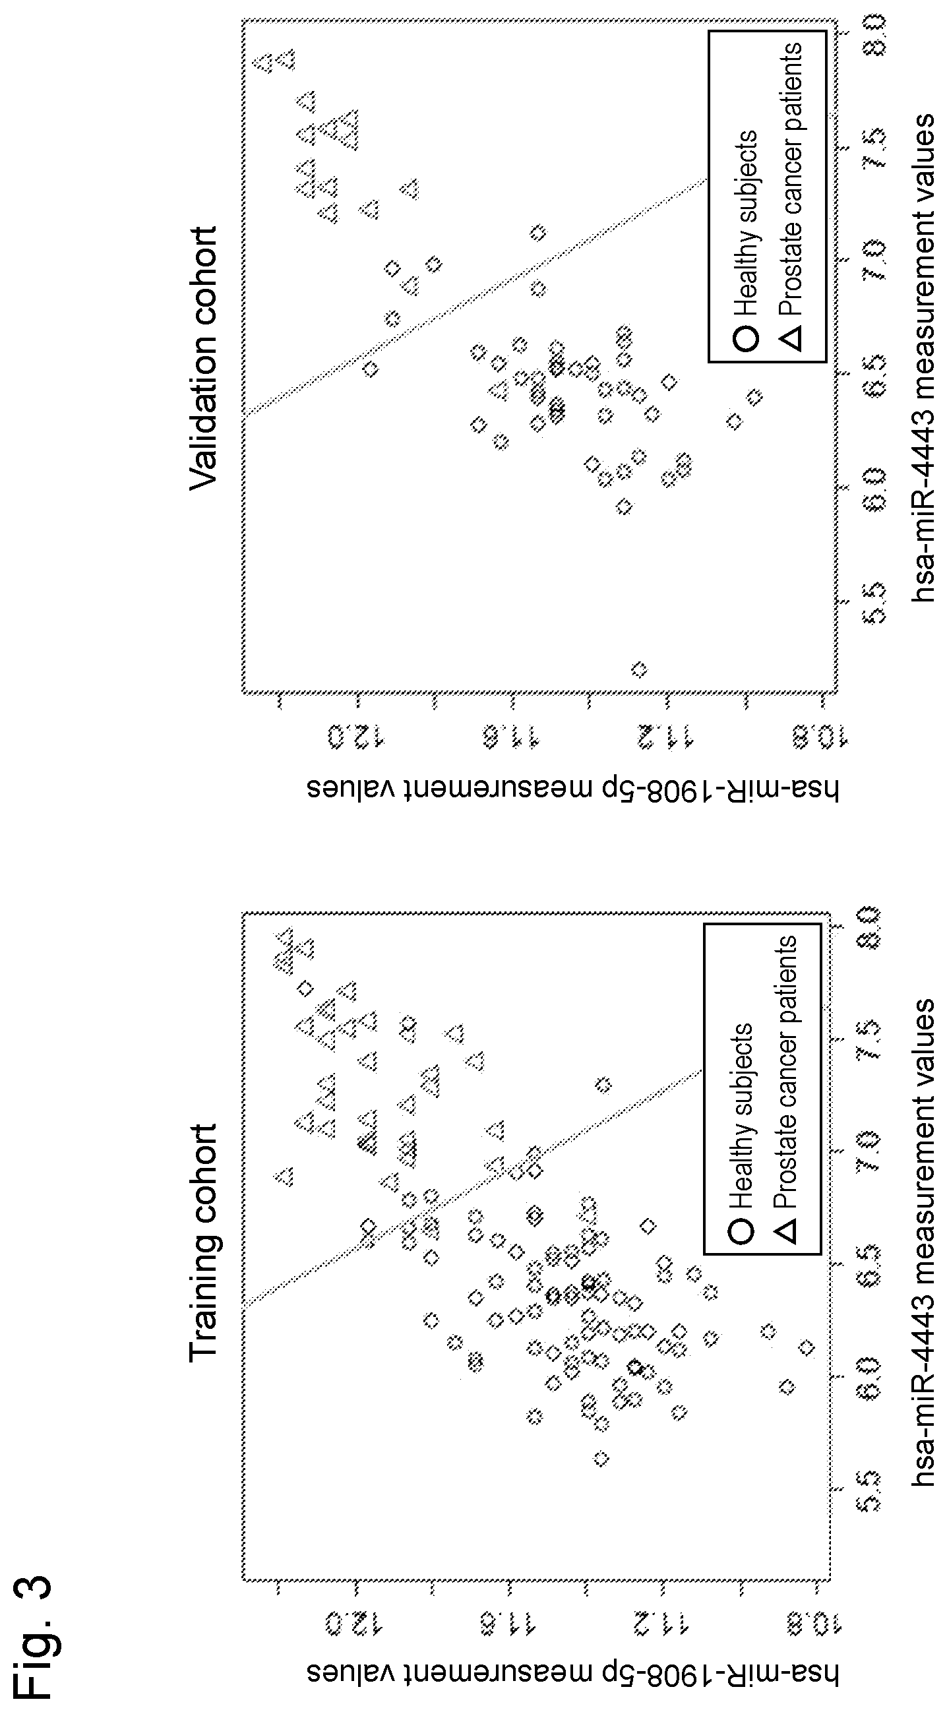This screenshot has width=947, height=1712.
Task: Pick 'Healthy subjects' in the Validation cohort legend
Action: [745, 224]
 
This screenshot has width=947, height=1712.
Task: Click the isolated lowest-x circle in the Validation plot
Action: [638, 669]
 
